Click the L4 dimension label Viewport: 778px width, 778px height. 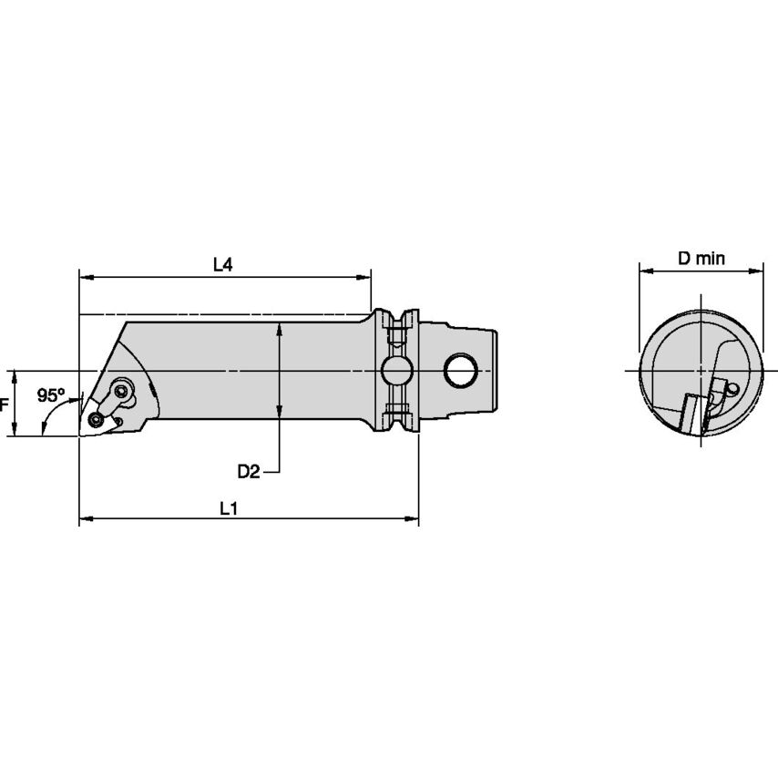click(x=223, y=264)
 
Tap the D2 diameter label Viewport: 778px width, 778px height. click(x=249, y=471)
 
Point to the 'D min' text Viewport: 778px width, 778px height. click(x=701, y=258)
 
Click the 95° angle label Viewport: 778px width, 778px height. click(x=51, y=395)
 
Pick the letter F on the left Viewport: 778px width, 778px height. click(x=4, y=404)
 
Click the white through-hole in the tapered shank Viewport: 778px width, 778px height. click(x=461, y=370)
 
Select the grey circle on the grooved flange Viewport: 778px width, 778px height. click(x=396, y=370)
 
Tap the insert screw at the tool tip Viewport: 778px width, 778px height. click(x=97, y=419)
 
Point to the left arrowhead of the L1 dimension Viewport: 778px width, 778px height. click(x=85, y=520)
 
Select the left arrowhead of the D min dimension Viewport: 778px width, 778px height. click(x=644, y=270)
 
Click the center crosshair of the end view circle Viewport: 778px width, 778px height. click(x=701, y=371)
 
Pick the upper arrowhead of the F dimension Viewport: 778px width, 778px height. click(x=15, y=375)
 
